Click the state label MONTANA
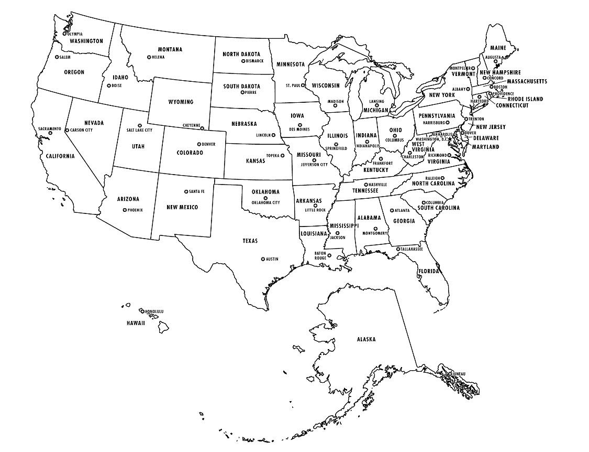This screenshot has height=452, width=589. [170, 49]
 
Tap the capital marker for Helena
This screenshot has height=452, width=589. [149, 57]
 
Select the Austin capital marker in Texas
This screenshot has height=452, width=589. [263, 259]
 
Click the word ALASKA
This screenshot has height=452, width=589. [366, 339]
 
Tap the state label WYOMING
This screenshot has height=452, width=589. [180, 102]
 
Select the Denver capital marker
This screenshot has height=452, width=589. [198, 144]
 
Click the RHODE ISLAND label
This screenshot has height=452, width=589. [525, 99]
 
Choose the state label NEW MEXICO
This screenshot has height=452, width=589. [182, 207]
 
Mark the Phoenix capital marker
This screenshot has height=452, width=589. [125, 210]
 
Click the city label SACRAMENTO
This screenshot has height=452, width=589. [50, 128]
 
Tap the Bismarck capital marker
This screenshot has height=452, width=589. [243, 61]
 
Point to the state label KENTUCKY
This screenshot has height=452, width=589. [376, 170]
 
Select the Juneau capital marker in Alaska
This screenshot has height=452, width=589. [450, 373]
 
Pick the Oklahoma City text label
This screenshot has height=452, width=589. [265, 202]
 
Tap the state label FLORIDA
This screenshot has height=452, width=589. [428, 271]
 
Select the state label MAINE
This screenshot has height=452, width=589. [498, 48]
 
